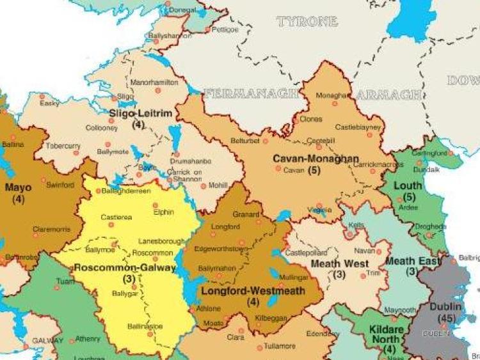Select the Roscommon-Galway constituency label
click(124, 268)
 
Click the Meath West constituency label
click(339, 263)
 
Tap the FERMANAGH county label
click(252, 93)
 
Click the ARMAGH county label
click(388, 95)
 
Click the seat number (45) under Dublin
click(447, 318)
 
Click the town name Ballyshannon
click(170, 36)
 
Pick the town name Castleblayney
click(358, 127)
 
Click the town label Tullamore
click(280, 347)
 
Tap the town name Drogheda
click(429, 226)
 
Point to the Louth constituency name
click(410, 185)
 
